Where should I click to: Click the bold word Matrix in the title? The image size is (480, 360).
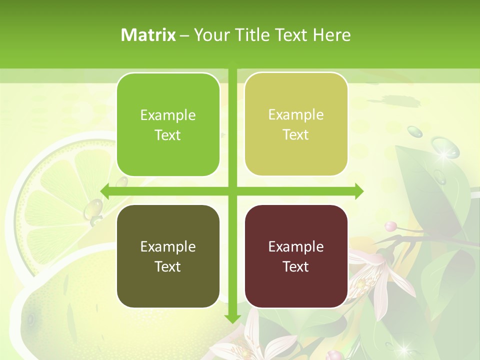pos(148,35)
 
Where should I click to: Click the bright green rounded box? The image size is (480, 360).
pos(168,124)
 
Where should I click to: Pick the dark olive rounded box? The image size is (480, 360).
pos(168,256)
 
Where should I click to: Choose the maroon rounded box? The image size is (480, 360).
pos(296,256)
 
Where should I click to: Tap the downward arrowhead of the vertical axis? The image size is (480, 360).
pos(232,318)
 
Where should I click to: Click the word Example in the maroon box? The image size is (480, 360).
pos(296,246)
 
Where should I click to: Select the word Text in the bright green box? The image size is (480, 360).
pos(168,135)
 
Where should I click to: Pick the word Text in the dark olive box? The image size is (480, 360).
pos(168,266)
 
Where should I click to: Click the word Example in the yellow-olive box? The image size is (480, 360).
pos(296,115)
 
